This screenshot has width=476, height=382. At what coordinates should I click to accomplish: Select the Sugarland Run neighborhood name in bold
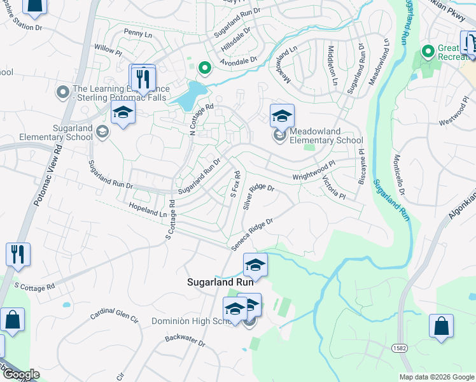(x=220, y=281)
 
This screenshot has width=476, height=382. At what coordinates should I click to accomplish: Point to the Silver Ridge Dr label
(x=258, y=197)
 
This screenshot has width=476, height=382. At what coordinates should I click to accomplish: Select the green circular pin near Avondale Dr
(x=204, y=67)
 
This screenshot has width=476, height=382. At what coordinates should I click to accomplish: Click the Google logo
(x=20, y=374)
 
